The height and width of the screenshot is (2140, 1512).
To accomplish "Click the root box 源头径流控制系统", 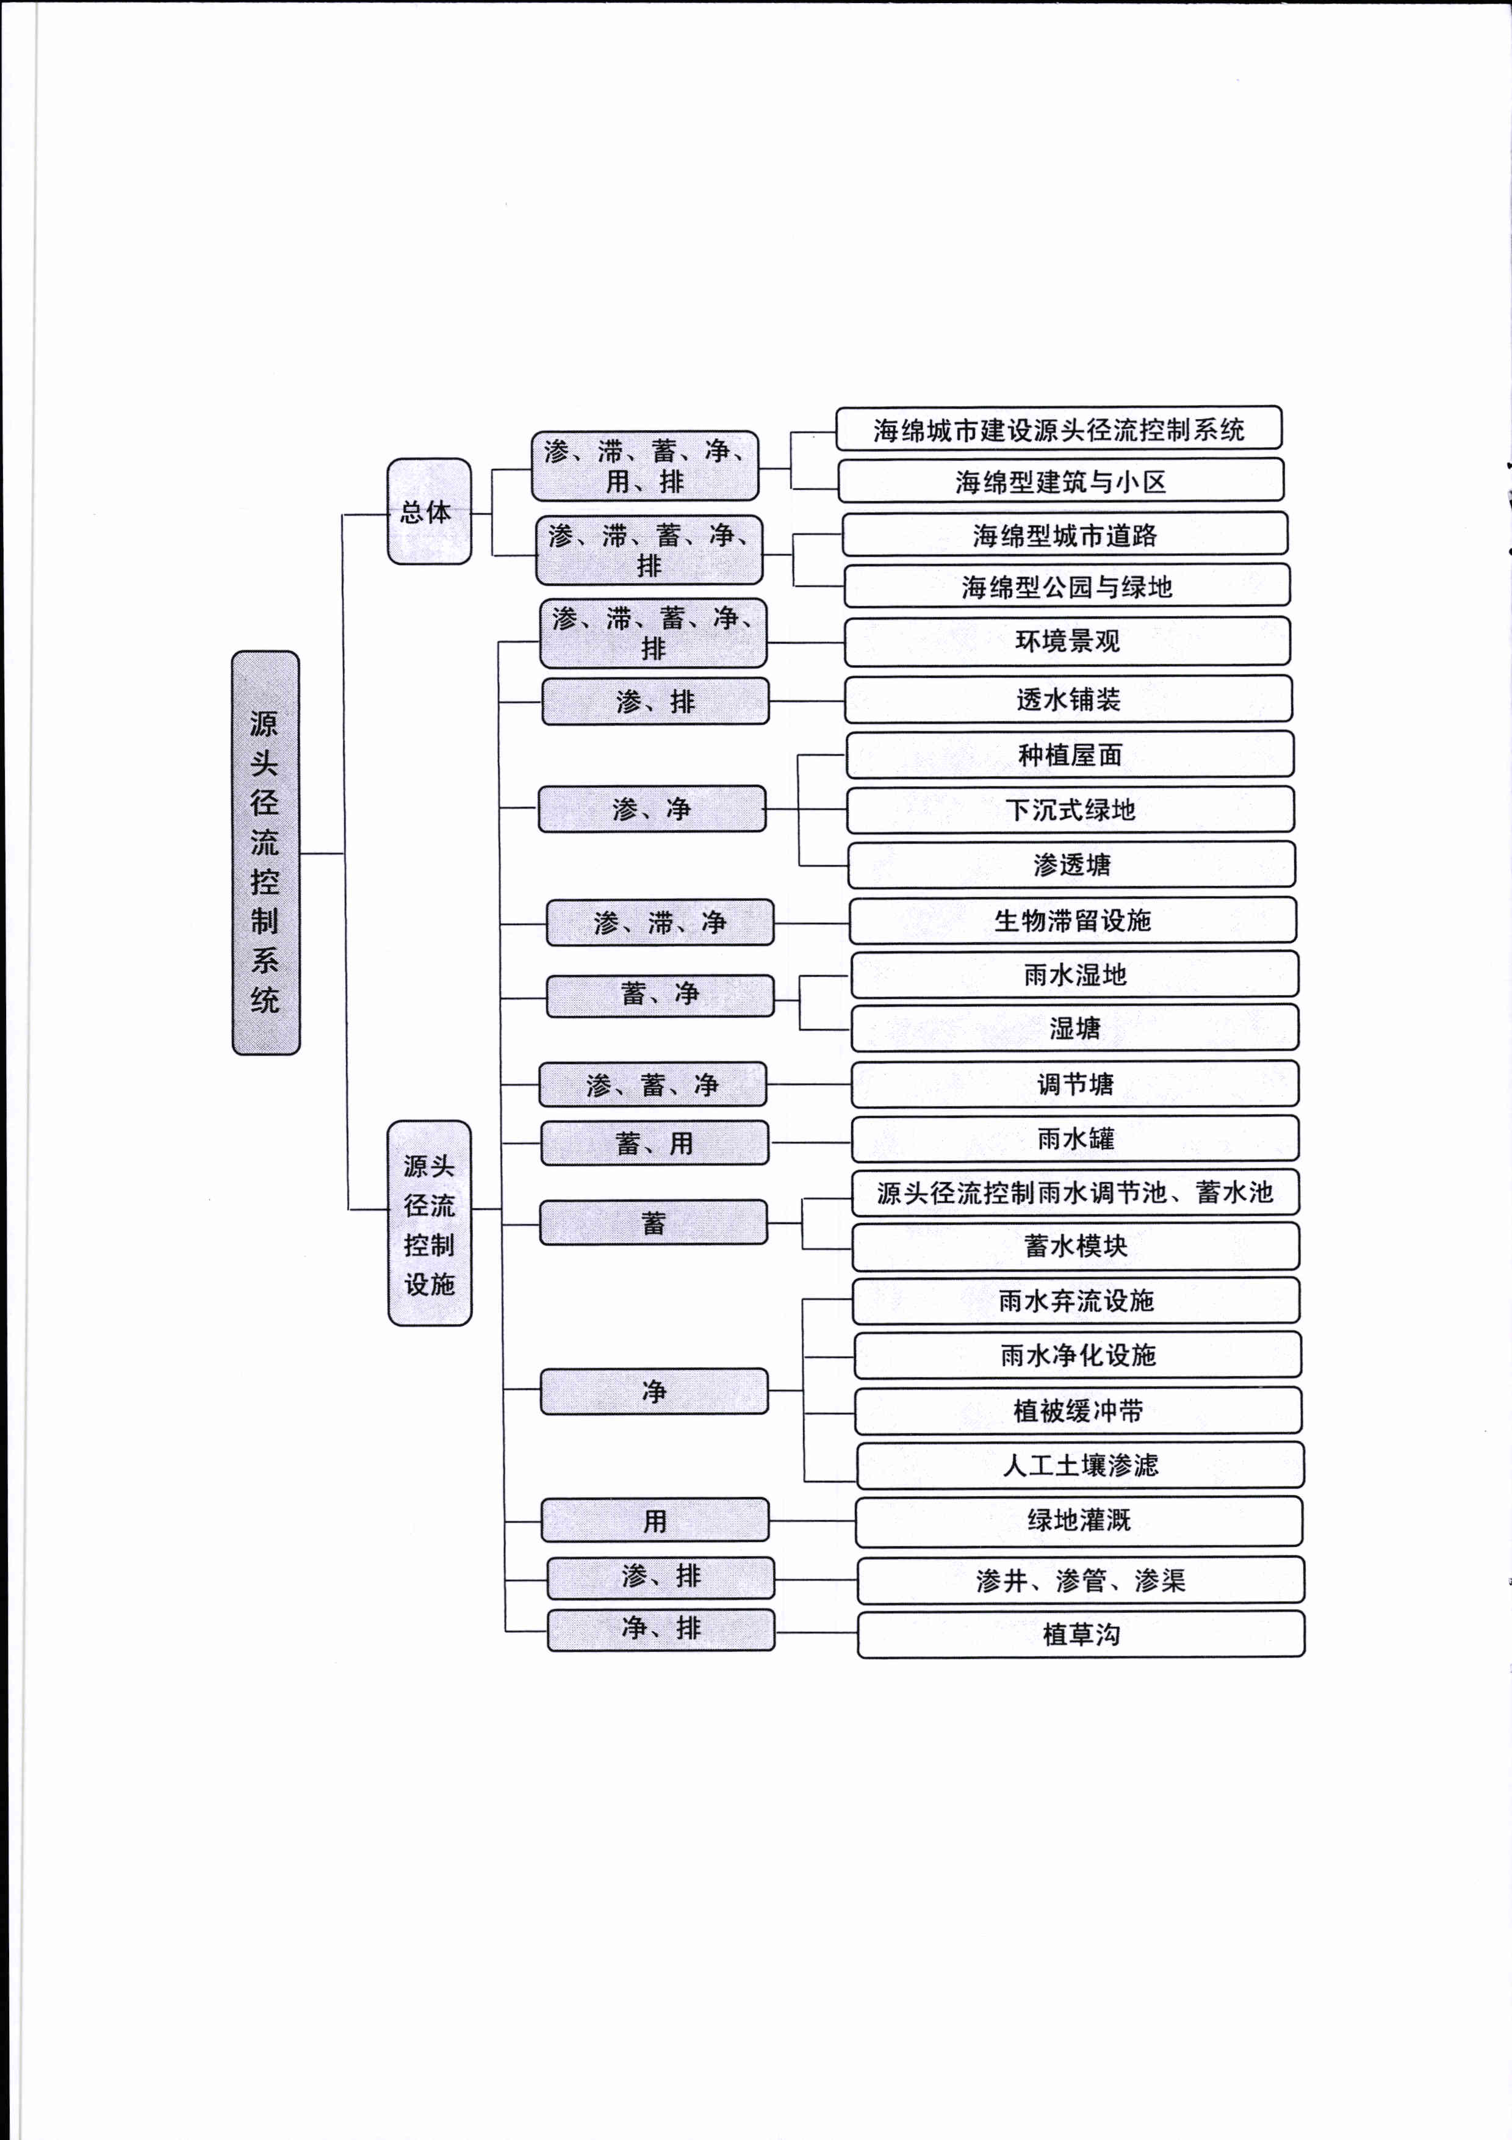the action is click(x=265, y=853).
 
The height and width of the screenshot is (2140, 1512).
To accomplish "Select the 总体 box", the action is click(x=429, y=511).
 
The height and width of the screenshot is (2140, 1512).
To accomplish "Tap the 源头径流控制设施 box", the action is click(x=430, y=1223).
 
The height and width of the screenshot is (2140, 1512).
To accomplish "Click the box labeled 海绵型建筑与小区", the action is click(x=1061, y=481).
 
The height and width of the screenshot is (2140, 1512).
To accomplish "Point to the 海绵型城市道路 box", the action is click(x=1065, y=534).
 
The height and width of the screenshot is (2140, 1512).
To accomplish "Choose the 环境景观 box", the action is click(x=1067, y=640).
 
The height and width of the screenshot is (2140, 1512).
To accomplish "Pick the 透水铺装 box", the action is click(x=1068, y=699).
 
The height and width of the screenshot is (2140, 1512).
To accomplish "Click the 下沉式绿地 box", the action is click(x=1070, y=809).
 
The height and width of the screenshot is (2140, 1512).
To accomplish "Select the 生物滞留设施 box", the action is click(x=1073, y=920).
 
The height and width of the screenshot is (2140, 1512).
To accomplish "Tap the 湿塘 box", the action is click(x=1075, y=1028).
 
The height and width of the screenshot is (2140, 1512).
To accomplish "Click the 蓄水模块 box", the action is click(x=1076, y=1246).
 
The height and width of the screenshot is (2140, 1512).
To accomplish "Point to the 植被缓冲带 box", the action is click(x=1079, y=1410).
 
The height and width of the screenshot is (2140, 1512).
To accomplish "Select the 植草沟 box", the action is click(x=1081, y=1634).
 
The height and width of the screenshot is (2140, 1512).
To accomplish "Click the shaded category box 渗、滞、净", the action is click(x=660, y=923).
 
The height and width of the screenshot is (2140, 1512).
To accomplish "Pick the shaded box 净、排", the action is click(x=661, y=1629).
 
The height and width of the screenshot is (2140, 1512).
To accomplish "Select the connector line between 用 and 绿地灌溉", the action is click(x=813, y=1520).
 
